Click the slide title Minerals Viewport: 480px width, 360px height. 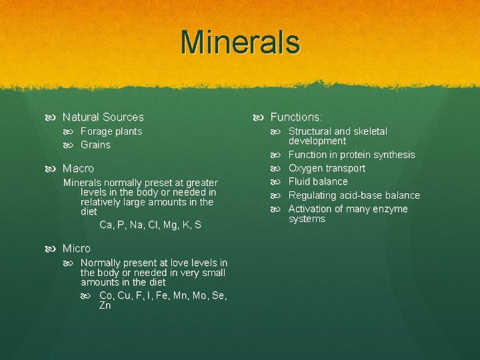tap(240, 42)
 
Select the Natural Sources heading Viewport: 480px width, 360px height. tap(103, 117)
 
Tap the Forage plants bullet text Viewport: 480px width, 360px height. tap(111, 131)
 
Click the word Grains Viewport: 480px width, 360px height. tap(95, 145)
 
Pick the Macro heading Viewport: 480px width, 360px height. tap(78, 169)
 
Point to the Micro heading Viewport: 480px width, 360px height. tap(77, 248)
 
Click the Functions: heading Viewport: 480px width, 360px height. tap(296, 117)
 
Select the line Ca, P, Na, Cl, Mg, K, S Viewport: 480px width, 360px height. tap(150, 225)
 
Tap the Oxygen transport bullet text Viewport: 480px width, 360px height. tap(327, 168)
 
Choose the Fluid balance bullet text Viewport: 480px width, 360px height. tap(318, 181)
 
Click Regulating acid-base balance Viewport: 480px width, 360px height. tap(354, 195)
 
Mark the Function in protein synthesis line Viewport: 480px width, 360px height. tap(351, 155)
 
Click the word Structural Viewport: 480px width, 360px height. tap(309, 131)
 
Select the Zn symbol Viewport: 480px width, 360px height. tap(105, 306)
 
